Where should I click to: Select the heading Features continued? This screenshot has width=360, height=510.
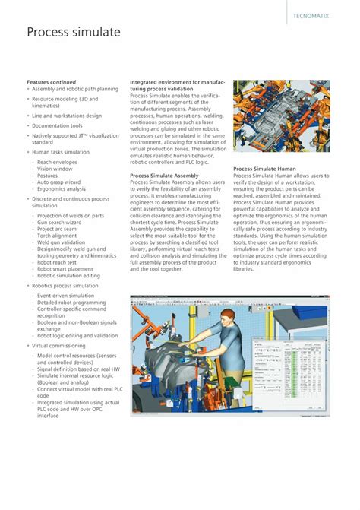tap(55, 81)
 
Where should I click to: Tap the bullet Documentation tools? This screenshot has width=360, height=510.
tap(57, 125)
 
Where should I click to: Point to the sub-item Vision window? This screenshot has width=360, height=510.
tap(55, 169)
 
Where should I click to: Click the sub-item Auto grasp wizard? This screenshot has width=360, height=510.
tap(58, 182)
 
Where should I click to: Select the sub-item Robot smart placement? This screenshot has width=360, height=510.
tap(70, 268)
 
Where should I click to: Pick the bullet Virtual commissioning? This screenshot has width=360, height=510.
tap(58, 345)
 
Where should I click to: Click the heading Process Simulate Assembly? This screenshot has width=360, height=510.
tap(164, 175)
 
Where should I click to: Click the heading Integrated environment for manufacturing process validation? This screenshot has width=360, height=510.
tap(178, 85)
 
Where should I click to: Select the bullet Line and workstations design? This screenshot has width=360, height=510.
tap(67, 116)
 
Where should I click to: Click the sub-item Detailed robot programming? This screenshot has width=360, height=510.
tap(71, 302)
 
